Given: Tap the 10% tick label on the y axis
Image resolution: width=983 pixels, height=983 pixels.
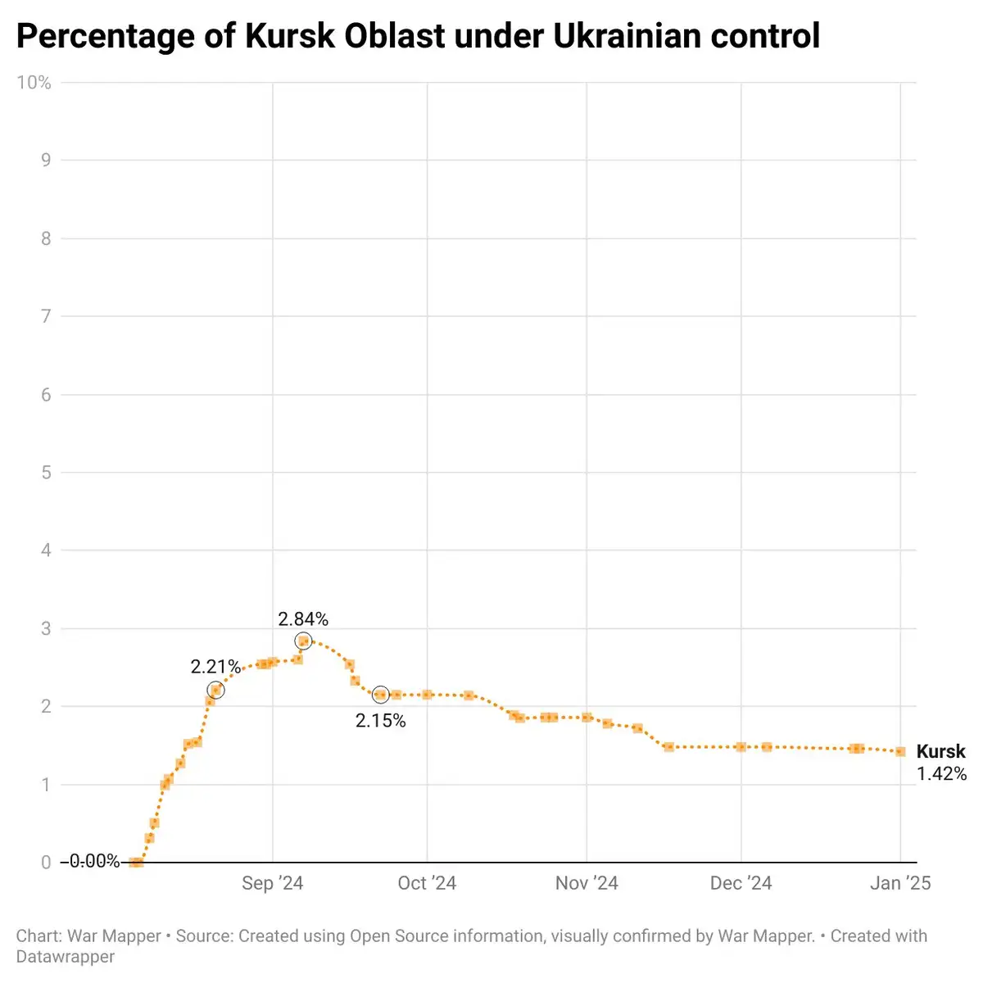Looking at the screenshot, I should click(x=34, y=83).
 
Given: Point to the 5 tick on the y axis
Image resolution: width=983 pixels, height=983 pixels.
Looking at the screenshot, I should click(x=47, y=473).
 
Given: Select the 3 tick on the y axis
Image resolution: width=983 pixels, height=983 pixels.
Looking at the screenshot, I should click(x=47, y=628).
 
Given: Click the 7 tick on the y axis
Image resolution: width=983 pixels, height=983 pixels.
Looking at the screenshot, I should click(x=47, y=316).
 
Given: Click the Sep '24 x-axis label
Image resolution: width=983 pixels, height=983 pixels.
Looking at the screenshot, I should click(x=272, y=883).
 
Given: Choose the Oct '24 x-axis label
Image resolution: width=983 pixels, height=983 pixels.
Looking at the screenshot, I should click(x=427, y=883).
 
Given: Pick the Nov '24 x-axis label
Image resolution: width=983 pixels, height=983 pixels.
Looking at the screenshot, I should click(x=587, y=883).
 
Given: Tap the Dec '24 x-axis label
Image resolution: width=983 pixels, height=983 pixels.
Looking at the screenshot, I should click(x=741, y=883).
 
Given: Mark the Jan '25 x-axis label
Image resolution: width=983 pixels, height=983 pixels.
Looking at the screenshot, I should click(x=900, y=883).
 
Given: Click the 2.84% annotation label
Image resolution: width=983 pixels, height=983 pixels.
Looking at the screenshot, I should click(x=303, y=619).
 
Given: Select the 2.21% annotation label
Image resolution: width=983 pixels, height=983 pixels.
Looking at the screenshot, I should click(x=215, y=667).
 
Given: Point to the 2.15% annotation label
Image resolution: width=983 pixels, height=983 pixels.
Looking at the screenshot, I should click(x=380, y=721).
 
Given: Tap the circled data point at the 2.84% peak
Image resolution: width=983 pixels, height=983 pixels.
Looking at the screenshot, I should click(x=303, y=641).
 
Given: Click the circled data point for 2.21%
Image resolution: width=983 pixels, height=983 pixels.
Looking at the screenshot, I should click(x=215, y=691).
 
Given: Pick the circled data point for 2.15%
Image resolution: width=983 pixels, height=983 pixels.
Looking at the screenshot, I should click(x=380, y=695).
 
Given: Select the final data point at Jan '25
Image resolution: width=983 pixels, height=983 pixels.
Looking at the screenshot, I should click(x=900, y=751).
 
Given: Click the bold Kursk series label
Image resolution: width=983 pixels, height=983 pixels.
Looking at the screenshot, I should click(x=940, y=751).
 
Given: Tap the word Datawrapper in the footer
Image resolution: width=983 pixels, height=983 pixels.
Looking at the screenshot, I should click(x=66, y=957).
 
